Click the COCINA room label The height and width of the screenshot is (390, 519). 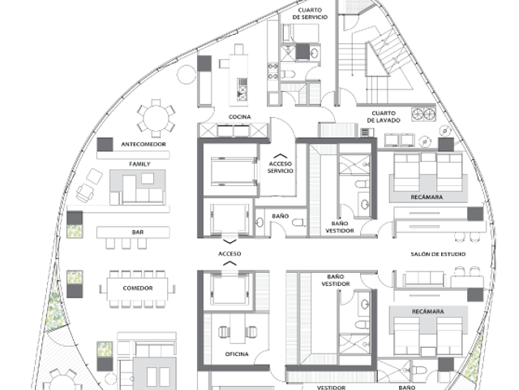click(240, 117)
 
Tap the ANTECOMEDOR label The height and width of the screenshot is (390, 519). click(144, 145)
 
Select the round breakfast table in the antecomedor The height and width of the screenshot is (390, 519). click(156, 119)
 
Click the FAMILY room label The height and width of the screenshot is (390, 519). click(139, 164)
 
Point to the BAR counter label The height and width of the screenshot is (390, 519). click(138, 232)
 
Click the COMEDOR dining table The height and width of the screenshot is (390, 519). click(137, 289)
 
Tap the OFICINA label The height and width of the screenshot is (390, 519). click(237, 354)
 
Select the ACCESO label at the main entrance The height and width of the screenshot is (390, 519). click(229, 253)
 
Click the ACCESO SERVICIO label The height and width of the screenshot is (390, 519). click(281, 167)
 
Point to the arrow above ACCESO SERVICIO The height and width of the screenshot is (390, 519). click(281, 155)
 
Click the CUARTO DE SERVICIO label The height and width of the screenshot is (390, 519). click(310, 14)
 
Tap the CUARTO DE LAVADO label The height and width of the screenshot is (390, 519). click(384, 117)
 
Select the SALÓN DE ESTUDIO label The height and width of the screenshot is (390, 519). click(438, 254)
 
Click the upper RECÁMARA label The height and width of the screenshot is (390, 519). click(427, 197)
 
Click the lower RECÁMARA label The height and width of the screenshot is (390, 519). click(427, 311)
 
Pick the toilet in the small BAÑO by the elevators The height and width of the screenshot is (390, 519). click(299, 222)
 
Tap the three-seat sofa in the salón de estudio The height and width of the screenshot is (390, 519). click(423, 279)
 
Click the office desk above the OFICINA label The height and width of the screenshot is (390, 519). click(238, 328)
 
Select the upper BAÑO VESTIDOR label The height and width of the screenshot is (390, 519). click(340, 227)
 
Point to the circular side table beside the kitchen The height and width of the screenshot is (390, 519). click(187, 74)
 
